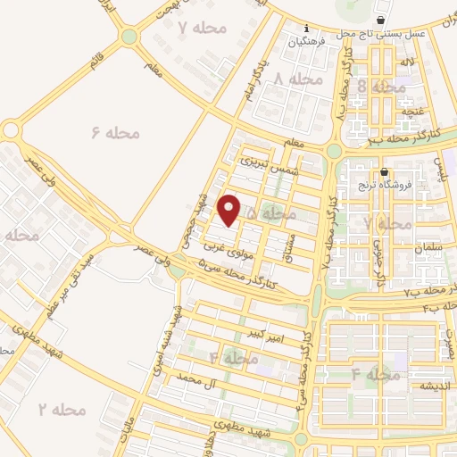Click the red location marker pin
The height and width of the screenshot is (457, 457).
229,210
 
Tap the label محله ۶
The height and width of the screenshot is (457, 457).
116,133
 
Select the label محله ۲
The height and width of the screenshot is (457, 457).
61,410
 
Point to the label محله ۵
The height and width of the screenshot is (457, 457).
270,214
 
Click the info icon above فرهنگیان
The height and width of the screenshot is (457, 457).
305,28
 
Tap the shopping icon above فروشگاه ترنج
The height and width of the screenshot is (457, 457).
384,172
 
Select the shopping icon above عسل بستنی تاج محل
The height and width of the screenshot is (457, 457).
381,20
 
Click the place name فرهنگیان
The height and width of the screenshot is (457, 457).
305,41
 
